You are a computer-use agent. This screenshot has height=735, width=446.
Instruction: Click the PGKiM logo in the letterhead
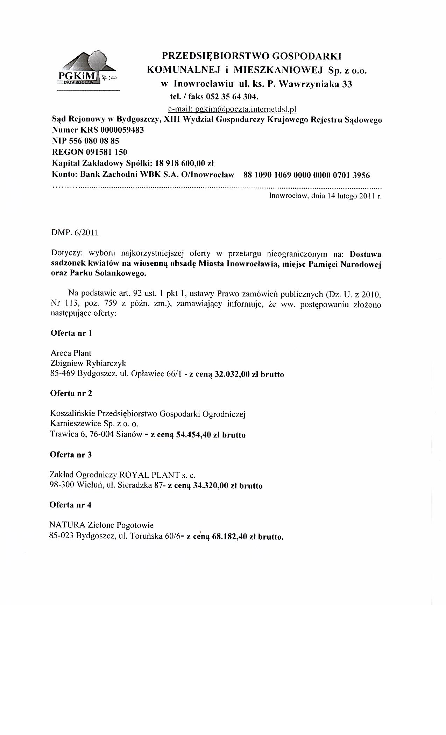click(x=87, y=70)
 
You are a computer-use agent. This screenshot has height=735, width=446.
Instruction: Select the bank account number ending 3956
click(x=306, y=175)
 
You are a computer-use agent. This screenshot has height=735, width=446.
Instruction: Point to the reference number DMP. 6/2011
click(x=75, y=232)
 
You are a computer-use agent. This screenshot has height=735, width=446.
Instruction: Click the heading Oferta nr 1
click(x=71, y=333)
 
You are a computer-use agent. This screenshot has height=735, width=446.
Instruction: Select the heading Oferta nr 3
click(x=71, y=455)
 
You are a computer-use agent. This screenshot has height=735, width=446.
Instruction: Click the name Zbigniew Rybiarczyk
click(x=88, y=363)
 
